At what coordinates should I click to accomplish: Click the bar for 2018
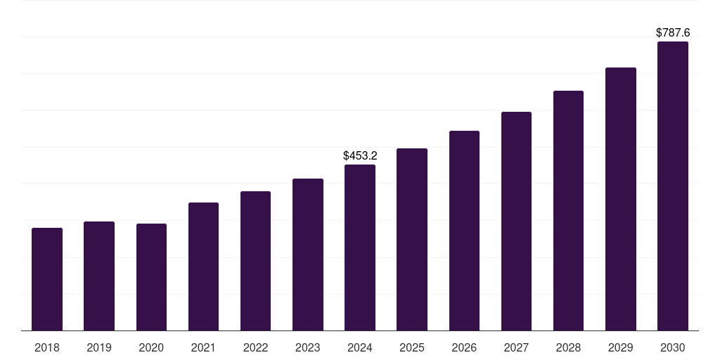tap(47, 279)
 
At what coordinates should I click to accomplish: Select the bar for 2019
tap(99, 276)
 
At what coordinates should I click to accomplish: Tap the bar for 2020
tap(151, 277)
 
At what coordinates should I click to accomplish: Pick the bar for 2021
tap(203, 266)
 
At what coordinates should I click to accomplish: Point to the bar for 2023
tap(308, 255)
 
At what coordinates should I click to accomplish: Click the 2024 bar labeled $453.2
tap(360, 247)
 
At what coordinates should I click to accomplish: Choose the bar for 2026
tap(464, 231)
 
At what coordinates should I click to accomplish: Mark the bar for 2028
tap(568, 211)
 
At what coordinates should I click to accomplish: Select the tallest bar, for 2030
tap(673, 186)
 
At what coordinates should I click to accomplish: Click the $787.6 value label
tap(673, 32)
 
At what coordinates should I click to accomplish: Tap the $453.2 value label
tap(360, 155)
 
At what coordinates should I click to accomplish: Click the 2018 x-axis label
tap(47, 347)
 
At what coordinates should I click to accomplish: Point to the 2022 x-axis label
tap(255, 347)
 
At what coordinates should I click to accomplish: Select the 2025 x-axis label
tap(412, 347)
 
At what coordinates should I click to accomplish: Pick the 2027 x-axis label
tap(516, 347)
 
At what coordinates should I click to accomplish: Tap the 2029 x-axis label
tap(620, 347)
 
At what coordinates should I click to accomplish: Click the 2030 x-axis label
tap(673, 347)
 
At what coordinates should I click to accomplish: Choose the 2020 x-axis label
tap(151, 347)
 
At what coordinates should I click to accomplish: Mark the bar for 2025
tap(412, 239)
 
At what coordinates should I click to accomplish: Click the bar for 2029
tap(620, 199)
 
